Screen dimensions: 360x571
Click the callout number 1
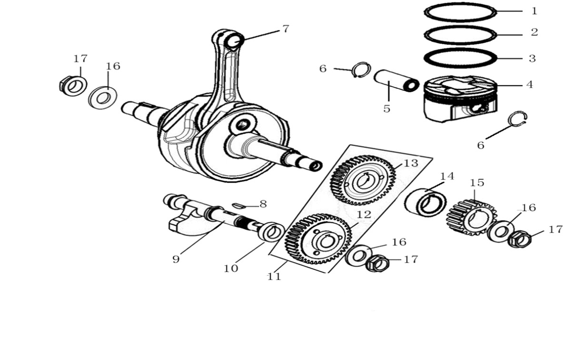(x=534, y=10)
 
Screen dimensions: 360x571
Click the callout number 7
(x=285, y=29)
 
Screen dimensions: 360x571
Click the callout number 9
(x=176, y=260)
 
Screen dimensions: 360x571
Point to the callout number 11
(x=274, y=276)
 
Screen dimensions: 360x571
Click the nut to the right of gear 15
(x=519, y=239)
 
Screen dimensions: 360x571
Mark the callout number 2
(x=534, y=32)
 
